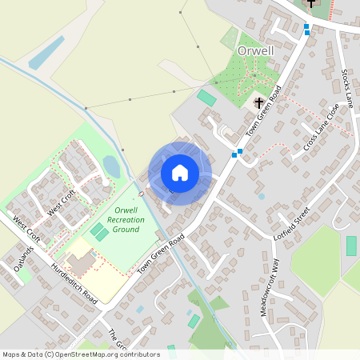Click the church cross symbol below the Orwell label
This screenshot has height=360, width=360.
[258, 102]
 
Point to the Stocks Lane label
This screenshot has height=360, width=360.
[346, 92]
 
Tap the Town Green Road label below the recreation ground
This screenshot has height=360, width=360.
[160, 255]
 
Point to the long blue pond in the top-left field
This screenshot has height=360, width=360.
[46, 52]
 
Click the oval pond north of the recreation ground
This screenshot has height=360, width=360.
[111, 166]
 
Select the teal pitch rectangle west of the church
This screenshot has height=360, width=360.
[206, 98]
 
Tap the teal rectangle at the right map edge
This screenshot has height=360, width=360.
[351, 246]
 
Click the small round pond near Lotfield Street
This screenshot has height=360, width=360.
[262, 196]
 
